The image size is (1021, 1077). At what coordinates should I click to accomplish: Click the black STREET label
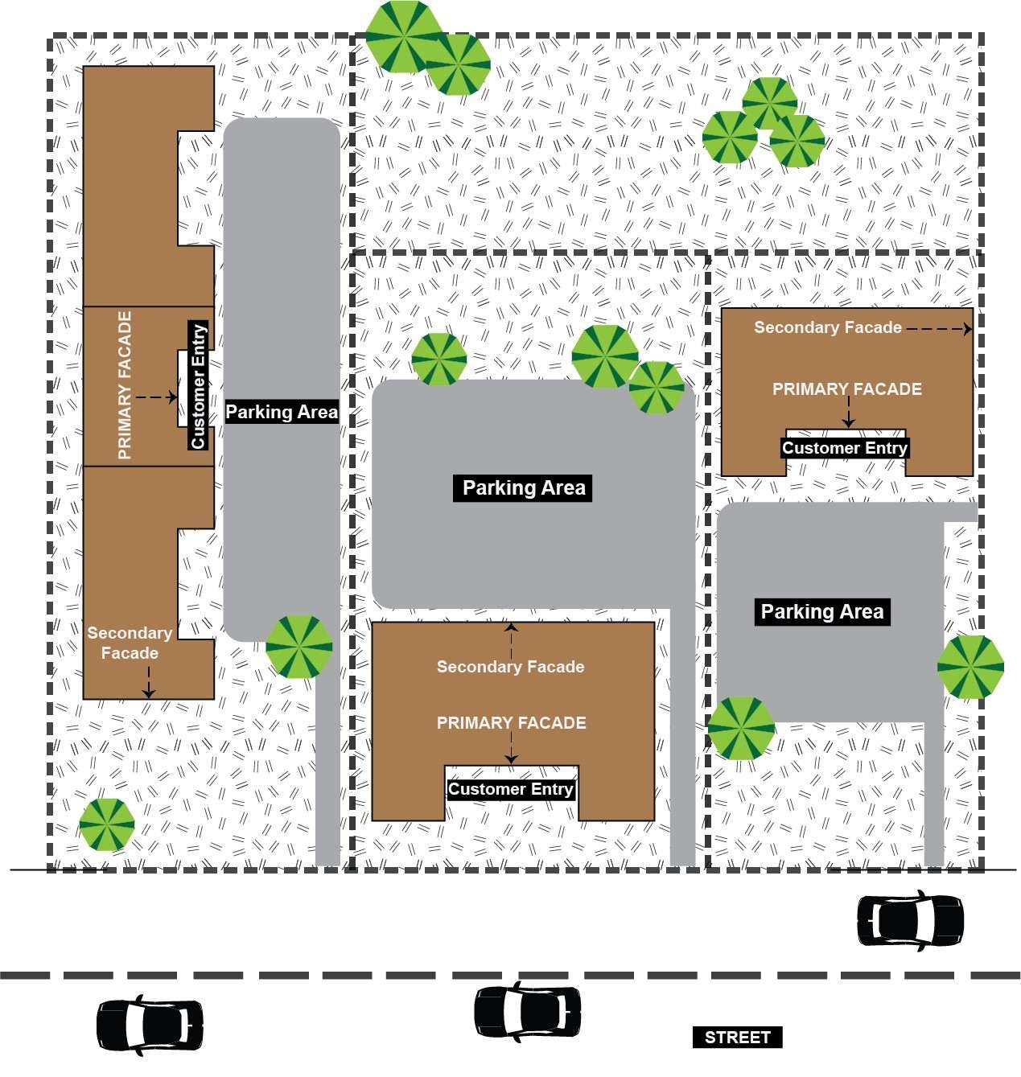pyautogui.click(x=737, y=1037)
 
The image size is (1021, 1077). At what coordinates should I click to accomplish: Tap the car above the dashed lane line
pyautogui.click(x=910, y=920)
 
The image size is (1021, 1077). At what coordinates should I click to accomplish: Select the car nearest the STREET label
pyautogui.click(x=527, y=1009)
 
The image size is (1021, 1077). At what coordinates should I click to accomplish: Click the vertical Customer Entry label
pyautogui.click(x=198, y=386)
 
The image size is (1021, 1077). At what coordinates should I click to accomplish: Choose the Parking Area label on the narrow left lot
pyautogui.click(x=282, y=412)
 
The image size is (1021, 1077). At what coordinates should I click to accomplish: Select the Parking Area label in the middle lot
pyautogui.click(x=524, y=487)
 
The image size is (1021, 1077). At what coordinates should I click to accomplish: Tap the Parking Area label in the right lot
pyautogui.click(x=821, y=611)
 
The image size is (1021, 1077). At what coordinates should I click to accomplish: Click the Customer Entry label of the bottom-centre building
pyautogui.click(x=511, y=789)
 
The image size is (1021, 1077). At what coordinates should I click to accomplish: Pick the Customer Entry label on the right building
pyautogui.click(x=845, y=448)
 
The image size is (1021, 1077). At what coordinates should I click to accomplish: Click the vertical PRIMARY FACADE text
pyautogui.click(x=125, y=385)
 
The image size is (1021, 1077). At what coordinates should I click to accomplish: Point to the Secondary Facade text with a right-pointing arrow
pyautogui.click(x=828, y=327)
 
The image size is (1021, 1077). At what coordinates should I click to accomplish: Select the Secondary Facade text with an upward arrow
pyautogui.click(x=510, y=666)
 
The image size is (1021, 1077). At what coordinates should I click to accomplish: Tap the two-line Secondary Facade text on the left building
pyautogui.click(x=130, y=643)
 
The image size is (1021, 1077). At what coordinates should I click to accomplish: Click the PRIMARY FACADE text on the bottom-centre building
pyautogui.click(x=511, y=723)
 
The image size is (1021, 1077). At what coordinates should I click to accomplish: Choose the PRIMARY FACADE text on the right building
pyautogui.click(x=846, y=389)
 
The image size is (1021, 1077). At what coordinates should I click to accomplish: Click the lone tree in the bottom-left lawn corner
pyautogui.click(x=106, y=824)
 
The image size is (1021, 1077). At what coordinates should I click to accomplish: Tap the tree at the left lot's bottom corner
pyautogui.click(x=298, y=646)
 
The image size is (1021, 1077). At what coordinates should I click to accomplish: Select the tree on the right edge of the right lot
pyautogui.click(x=970, y=666)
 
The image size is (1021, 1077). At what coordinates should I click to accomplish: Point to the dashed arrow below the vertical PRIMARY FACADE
pyautogui.click(x=156, y=397)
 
